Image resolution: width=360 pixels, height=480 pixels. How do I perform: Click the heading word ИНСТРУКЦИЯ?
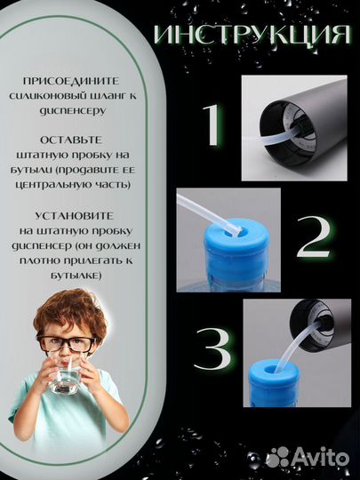click(x=252, y=36)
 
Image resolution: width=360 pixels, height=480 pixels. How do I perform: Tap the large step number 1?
click(x=212, y=124)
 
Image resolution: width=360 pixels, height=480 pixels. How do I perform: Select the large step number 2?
click(x=314, y=236)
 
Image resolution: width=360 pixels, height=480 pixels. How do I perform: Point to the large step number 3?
click(x=212, y=349)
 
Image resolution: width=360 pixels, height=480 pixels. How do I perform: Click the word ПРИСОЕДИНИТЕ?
click(x=71, y=81)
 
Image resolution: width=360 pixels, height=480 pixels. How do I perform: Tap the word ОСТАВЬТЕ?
click(x=71, y=140)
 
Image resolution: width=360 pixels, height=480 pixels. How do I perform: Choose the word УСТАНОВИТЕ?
click(x=74, y=216)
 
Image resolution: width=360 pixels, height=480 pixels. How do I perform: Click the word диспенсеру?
click(x=72, y=110)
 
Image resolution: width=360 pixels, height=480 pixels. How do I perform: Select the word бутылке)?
click(x=76, y=276)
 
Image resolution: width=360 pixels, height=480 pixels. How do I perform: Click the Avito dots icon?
click(x=277, y=458)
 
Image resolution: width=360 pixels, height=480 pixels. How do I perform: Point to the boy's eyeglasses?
click(x=66, y=343)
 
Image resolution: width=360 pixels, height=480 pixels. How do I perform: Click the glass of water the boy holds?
click(x=65, y=376)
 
